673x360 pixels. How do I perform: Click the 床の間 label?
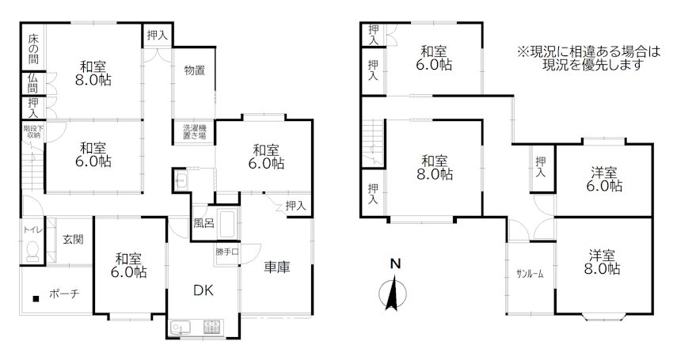pyautogui.click(x=33, y=49)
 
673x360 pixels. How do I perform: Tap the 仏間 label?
pyautogui.click(x=33, y=83)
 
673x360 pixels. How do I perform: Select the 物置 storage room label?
pyautogui.click(x=195, y=70)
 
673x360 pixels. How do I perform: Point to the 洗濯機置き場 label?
pyautogui.click(x=195, y=131)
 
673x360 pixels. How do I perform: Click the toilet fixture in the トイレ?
pyautogui.click(x=32, y=251)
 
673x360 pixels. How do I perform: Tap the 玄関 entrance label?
pyautogui.click(x=73, y=240)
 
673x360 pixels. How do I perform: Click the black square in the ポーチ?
pyautogui.click(x=36, y=298)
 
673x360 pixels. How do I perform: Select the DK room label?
pyautogui.click(x=203, y=290)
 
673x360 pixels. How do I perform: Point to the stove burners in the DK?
pyautogui.click(x=213, y=328)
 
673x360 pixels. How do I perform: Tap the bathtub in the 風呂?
pyautogui.click(x=228, y=224)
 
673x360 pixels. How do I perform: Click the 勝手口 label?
pyautogui.click(x=227, y=252)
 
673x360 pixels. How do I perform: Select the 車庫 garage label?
pyautogui.click(x=277, y=267)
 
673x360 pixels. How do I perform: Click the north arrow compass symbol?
pyautogui.click(x=393, y=294)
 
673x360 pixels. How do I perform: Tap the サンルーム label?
pyautogui.click(x=530, y=274)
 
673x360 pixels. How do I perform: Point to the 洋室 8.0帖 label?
pyautogui.click(x=603, y=263)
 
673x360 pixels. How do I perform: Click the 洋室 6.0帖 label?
pyautogui.click(x=604, y=180)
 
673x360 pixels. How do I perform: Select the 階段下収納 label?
pyautogui.click(x=32, y=131)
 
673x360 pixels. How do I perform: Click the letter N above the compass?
pyautogui.click(x=395, y=264)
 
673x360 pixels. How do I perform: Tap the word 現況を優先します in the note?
pyautogui.click(x=593, y=65)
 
